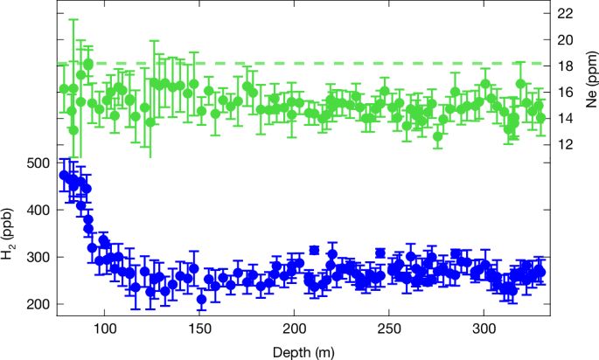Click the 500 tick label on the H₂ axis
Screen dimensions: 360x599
coord(38,163)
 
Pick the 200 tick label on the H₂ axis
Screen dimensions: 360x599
coord(38,304)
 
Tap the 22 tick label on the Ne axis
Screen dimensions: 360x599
coord(565,13)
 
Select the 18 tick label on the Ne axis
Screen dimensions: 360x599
coord(565,66)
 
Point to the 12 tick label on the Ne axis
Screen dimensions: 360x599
coord(565,144)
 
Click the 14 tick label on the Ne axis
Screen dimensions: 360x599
coord(565,118)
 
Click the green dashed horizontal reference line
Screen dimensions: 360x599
coord(350,64)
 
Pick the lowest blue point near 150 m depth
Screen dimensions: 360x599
coord(201,300)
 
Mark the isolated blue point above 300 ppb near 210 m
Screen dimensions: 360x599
coord(314,250)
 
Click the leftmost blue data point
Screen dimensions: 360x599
coord(64,176)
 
